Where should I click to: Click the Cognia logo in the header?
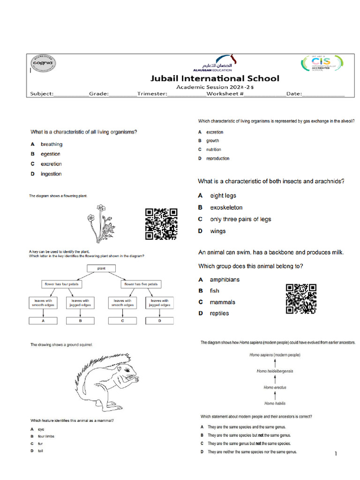43,63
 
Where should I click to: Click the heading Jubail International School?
215,78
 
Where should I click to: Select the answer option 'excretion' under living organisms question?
51,164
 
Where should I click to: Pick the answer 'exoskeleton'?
226,207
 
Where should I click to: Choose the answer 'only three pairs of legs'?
240,219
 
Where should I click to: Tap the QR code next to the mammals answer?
301,299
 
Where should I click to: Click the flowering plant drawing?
100,223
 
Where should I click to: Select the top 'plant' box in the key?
101,269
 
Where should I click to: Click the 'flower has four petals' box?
61,284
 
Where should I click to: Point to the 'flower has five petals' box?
141,284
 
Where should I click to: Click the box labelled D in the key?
159,321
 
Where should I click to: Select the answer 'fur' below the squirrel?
40,443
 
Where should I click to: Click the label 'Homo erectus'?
275,388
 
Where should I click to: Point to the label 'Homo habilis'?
275,403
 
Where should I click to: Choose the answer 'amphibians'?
225,279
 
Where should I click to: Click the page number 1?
336,454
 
